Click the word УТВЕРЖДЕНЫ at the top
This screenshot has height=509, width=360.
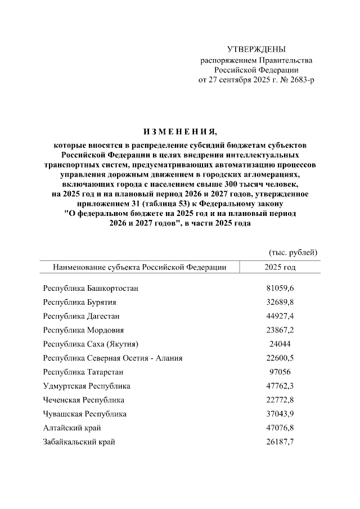256,50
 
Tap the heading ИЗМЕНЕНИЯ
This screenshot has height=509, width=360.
179,132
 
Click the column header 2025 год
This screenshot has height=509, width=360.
280,267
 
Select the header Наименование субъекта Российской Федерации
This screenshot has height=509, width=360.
139,267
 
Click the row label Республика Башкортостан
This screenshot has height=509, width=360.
91,289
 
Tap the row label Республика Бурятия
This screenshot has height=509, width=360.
80,302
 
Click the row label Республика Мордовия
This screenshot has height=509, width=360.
83,330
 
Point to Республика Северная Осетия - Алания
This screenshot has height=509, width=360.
112,358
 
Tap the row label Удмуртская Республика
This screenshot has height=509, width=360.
87,386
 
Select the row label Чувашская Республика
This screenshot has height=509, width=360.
85,414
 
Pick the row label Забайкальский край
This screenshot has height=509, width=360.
79,442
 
